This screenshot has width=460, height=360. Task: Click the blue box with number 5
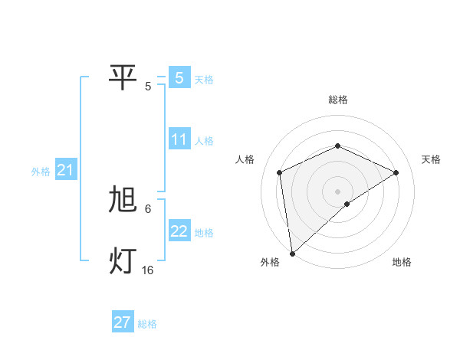click(x=179, y=77)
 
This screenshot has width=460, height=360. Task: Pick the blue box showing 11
click(x=179, y=139)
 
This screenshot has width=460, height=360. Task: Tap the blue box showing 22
click(x=179, y=231)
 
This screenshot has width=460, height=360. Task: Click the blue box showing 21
click(x=65, y=170)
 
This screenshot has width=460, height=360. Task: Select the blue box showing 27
click(x=123, y=322)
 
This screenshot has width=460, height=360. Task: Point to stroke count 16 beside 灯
click(x=148, y=270)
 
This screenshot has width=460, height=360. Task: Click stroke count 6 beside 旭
click(x=148, y=208)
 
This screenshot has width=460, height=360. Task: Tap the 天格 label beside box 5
click(x=204, y=79)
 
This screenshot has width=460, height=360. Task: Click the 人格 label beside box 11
click(x=204, y=141)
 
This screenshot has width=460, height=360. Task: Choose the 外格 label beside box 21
click(x=41, y=172)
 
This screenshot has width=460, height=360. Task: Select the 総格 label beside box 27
click(x=147, y=324)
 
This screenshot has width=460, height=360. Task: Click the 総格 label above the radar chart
click(x=338, y=100)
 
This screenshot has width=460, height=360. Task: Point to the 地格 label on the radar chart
click(x=402, y=262)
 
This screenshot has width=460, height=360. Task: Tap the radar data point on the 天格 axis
click(x=396, y=172)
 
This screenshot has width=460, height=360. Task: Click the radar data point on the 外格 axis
click(x=292, y=254)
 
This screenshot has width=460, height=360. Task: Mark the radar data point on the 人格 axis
click(x=280, y=172)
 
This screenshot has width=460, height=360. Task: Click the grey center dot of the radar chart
click(x=338, y=191)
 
